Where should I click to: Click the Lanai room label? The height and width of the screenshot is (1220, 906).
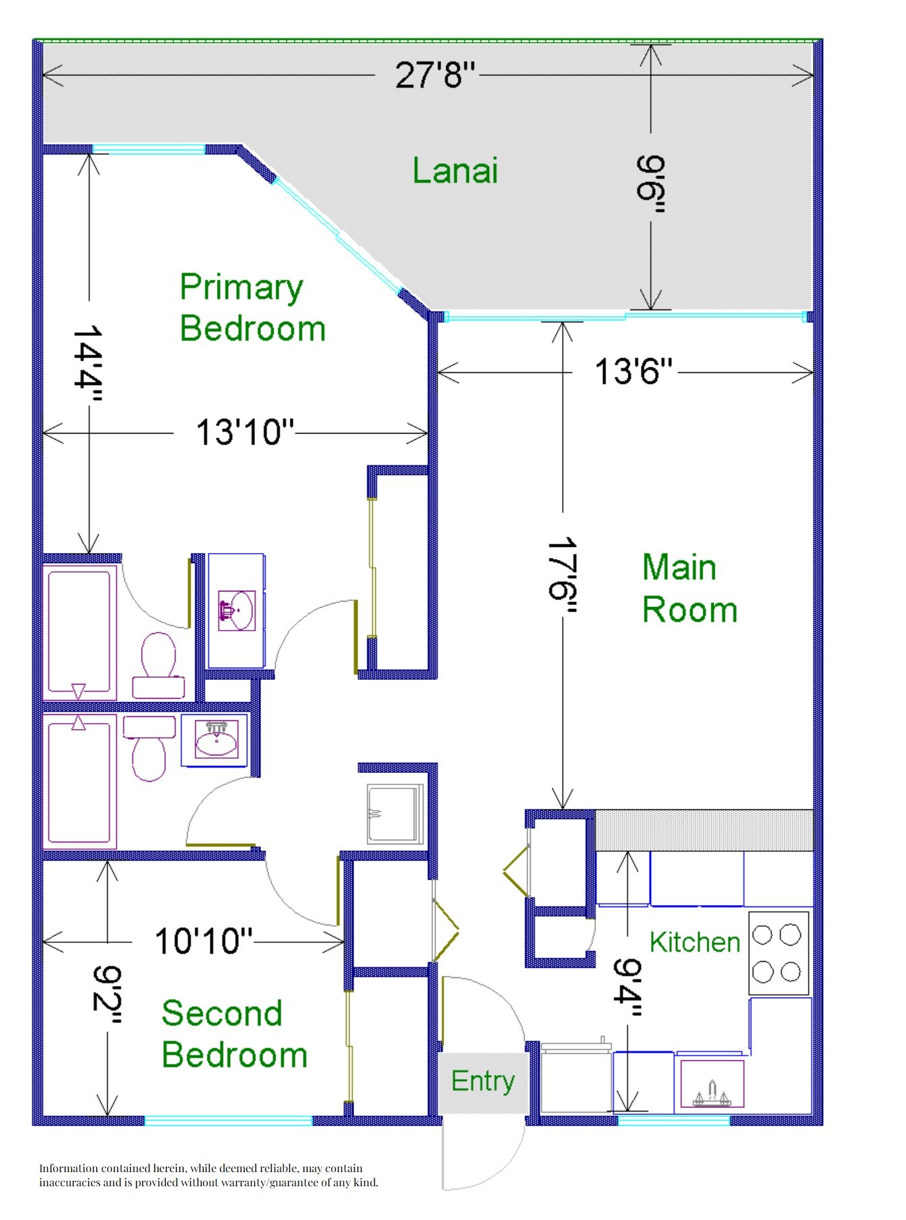pos(455,171)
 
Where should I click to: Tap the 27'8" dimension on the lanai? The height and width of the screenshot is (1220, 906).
pos(435,74)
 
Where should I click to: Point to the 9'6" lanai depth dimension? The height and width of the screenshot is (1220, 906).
pos(651,184)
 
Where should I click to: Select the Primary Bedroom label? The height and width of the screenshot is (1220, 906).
pos(252,308)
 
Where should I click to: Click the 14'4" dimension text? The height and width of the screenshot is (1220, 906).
pos(88,365)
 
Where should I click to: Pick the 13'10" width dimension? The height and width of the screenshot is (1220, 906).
pos(245,432)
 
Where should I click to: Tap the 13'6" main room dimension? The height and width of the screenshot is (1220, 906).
pos(633,371)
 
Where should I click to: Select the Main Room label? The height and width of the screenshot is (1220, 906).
pos(689,589)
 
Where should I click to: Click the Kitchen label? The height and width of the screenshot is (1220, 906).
pos(695,942)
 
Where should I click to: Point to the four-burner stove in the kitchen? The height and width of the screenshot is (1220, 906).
pos(778,953)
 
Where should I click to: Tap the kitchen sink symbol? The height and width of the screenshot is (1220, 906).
pos(712,1084)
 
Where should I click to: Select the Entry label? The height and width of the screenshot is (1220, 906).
pos(483,1081)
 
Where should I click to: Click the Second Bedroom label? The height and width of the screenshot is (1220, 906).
pos(234,1034)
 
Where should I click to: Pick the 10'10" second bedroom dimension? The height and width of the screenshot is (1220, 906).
pos(204,941)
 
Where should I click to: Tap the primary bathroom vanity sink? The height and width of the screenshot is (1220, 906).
pos(236,610)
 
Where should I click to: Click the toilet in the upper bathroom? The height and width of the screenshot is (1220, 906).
pos(159,665)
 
